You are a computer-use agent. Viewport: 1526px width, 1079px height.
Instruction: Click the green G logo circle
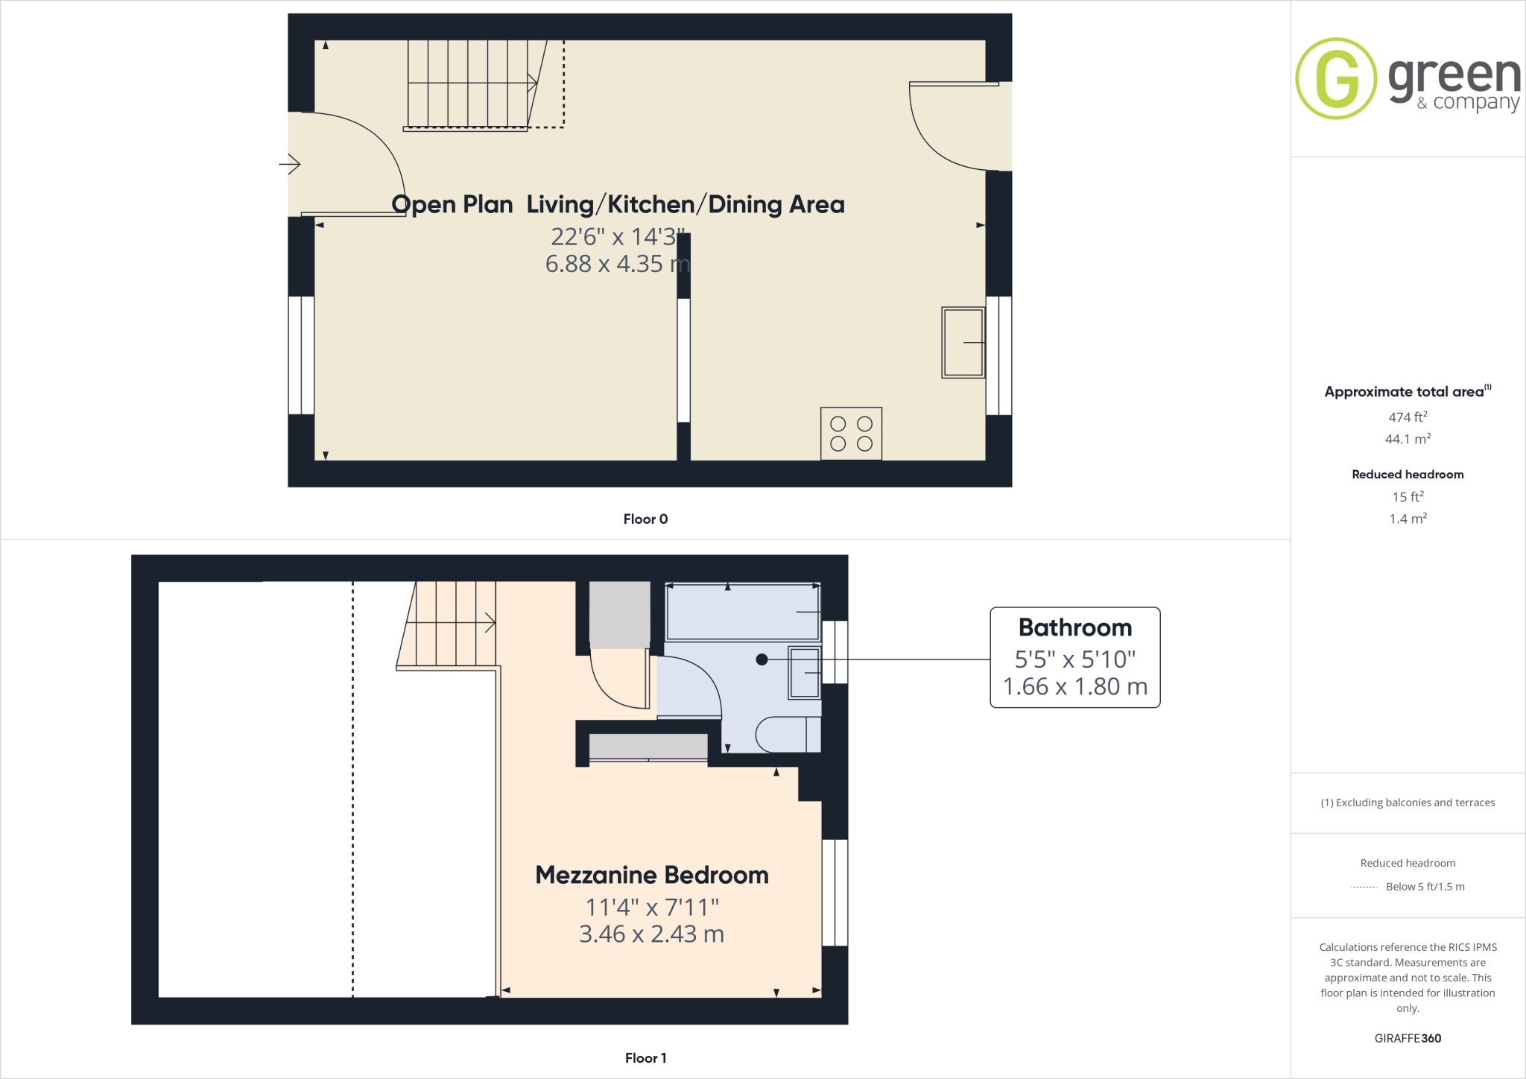click(1336, 78)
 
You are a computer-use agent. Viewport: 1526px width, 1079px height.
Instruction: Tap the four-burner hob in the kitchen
click(851, 434)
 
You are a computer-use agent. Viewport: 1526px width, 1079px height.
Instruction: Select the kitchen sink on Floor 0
click(963, 342)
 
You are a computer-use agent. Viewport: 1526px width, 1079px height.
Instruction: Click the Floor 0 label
click(645, 519)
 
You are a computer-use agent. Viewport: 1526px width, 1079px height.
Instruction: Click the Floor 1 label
click(645, 1058)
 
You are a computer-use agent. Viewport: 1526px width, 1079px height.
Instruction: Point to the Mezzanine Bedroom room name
click(652, 875)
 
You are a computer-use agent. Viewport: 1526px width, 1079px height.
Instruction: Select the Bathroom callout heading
click(1074, 627)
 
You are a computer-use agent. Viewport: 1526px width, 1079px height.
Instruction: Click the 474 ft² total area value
click(1408, 417)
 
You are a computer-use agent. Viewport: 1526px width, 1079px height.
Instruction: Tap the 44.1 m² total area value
click(1408, 439)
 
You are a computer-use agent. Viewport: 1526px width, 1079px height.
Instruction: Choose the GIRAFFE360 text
click(1408, 1038)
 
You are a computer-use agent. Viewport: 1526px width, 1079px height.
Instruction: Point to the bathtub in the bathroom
click(743, 613)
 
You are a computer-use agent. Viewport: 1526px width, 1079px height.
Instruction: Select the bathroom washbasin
click(805, 673)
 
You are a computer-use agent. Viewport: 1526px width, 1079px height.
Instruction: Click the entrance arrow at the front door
click(290, 163)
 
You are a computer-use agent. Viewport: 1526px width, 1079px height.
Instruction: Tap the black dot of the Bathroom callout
click(762, 659)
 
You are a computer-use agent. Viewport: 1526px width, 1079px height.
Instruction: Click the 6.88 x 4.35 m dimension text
click(617, 264)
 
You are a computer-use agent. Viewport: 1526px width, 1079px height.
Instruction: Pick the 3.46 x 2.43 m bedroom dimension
click(651, 934)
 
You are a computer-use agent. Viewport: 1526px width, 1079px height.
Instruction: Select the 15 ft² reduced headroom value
click(1408, 496)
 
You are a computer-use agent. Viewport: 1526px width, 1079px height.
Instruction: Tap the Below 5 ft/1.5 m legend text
click(1425, 887)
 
